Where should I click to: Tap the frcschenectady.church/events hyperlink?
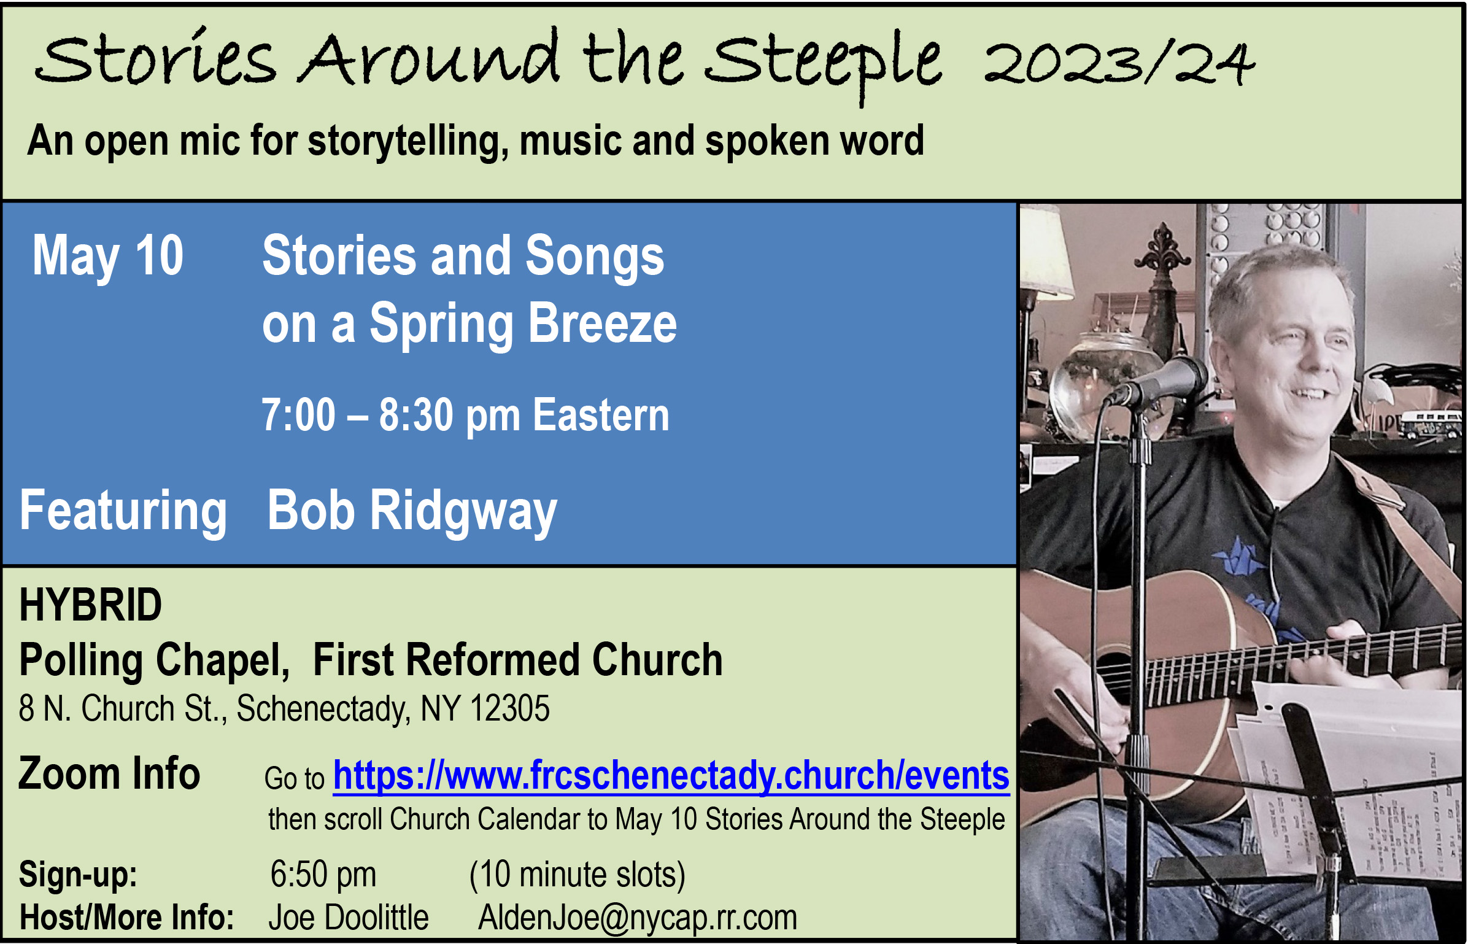[671, 776]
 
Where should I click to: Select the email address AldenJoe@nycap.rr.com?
[638, 919]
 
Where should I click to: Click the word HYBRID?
[91, 605]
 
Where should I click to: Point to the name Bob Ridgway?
[412, 512]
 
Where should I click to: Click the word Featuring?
[123, 512]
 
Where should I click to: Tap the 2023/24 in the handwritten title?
[1120, 63]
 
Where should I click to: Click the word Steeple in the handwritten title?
[824, 64]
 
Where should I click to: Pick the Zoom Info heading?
[109, 773]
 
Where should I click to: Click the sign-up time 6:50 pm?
[323, 875]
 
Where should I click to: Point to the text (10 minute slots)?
[578, 875]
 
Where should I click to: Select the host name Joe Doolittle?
[349, 918]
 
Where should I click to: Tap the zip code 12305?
[510, 709]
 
